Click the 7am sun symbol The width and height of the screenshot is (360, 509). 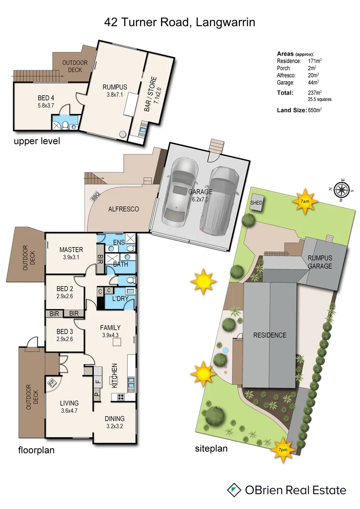pyautogui.click(x=305, y=200)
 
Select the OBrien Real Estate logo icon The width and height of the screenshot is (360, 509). pyautogui.click(x=233, y=490)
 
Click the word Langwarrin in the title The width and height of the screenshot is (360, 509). pyautogui.click(x=224, y=22)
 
